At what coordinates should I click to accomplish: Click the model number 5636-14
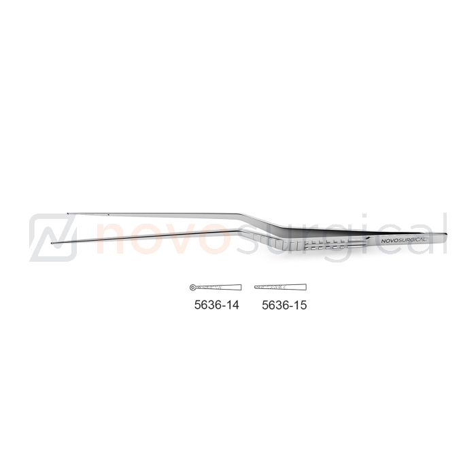point(216,305)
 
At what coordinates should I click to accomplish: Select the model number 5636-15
point(284,305)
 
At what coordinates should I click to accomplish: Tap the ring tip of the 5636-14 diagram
point(192,287)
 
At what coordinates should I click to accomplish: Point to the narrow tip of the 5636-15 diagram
point(255,286)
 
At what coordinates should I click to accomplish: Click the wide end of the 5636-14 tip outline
point(241,287)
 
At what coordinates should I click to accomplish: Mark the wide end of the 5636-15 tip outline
point(306,287)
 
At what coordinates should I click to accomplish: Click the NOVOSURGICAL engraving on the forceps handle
point(403,241)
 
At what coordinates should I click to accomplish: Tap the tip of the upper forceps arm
point(68,213)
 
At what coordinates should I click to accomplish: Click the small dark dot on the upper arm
point(108,215)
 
